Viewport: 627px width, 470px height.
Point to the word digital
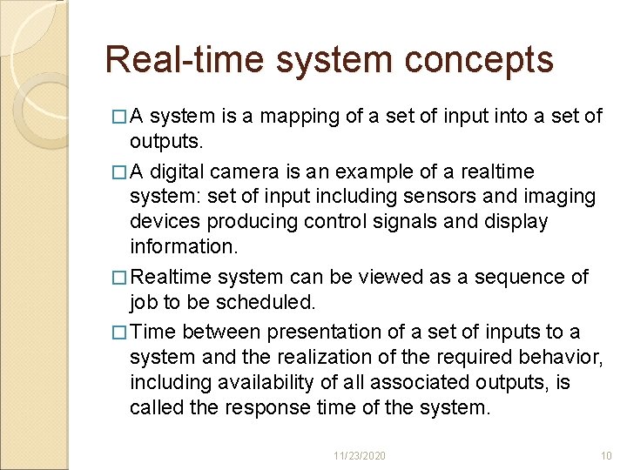pos(185,172)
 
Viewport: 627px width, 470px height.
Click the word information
pos(183,246)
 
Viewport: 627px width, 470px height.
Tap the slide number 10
pos(607,456)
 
